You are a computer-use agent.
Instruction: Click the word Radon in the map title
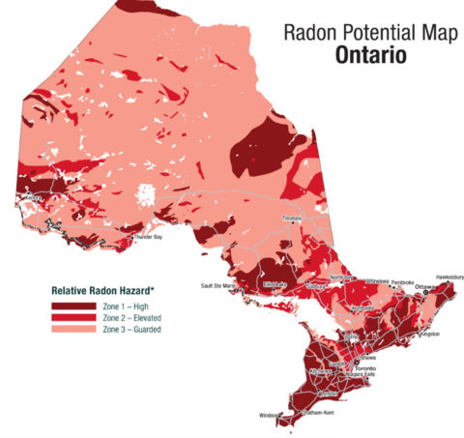[309, 32]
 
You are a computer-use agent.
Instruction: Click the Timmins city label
[293, 219]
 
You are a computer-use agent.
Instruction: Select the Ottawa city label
[426, 288]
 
